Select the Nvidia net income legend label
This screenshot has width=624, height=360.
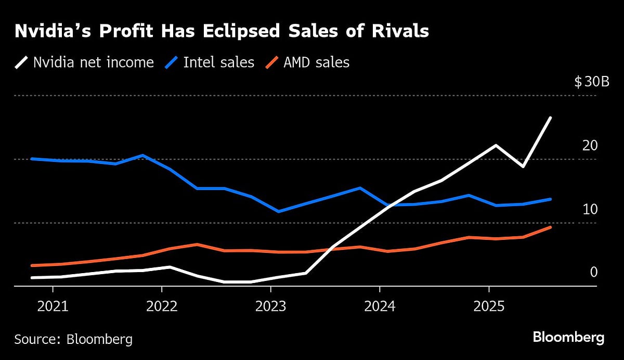[94, 63]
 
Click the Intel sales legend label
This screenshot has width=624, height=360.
[218, 63]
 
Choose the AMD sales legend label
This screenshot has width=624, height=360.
[316, 63]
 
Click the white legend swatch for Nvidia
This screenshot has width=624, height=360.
[21, 63]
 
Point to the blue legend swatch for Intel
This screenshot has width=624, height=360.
[171, 63]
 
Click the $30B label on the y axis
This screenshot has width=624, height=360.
[591, 82]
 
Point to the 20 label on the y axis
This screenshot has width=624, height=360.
[590, 146]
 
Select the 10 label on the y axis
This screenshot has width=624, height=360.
[590, 209]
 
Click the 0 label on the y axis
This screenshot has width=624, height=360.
[593, 272]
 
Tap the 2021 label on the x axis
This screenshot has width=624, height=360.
[53, 305]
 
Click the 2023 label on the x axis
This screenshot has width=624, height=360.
[270, 305]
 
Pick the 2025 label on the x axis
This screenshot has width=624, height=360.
[488, 305]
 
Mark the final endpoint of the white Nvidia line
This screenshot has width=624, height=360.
[551, 118]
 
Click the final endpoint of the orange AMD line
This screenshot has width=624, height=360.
[551, 227]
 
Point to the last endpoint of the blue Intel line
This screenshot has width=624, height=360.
[551, 199]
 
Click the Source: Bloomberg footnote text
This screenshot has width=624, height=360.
[73, 340]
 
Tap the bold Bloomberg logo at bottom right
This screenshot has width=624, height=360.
[568, 338]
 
